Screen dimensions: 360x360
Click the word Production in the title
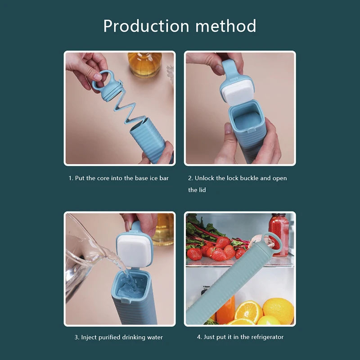(146, 26)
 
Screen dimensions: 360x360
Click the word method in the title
(226, 26)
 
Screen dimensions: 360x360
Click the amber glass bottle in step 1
(144, 64)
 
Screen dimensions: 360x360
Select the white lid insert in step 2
(237, 94)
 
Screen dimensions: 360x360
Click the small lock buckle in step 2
(251, 132)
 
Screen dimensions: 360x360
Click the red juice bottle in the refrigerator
(279, 234)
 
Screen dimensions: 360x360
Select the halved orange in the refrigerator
(248, 312)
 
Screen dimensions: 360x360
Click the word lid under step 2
(202, 190)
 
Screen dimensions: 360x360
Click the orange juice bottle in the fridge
(226, 310)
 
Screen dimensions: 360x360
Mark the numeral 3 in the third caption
(76, 337)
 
